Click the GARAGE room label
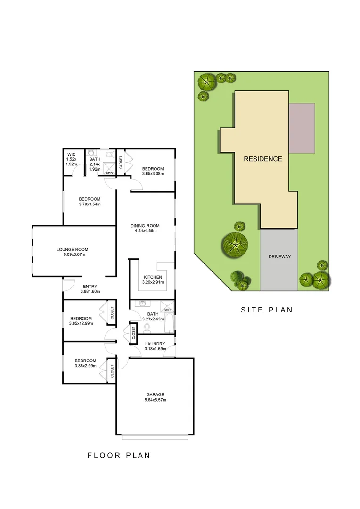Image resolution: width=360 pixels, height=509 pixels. click(155, 394)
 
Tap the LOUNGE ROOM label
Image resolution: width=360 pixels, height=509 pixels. click(72, 249)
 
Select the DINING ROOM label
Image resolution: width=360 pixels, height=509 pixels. click(145, 226)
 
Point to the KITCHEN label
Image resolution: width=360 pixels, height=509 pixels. click(153, 277)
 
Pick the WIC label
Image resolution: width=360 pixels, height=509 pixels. click(71, 154)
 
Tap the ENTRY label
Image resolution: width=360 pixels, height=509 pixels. click(90, 286)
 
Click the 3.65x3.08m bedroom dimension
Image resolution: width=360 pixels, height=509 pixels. click(153, 174)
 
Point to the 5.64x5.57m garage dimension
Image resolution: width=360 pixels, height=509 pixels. click(155, 400)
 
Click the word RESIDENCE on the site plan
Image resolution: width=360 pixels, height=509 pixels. click(262, 159)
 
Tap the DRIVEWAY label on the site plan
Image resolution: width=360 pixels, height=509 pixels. click(279, 257)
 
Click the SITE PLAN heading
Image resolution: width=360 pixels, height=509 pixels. click(267, 310)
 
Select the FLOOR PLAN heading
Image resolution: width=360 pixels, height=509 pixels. click(119, 455)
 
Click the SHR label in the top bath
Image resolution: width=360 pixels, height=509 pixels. click(109, 173)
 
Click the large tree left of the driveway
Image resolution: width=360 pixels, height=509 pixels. click(234, 244)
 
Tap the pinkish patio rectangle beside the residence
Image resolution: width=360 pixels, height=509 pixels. click(302, 128)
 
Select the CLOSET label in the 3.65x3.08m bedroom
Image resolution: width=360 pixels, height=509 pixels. click(121, 162)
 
